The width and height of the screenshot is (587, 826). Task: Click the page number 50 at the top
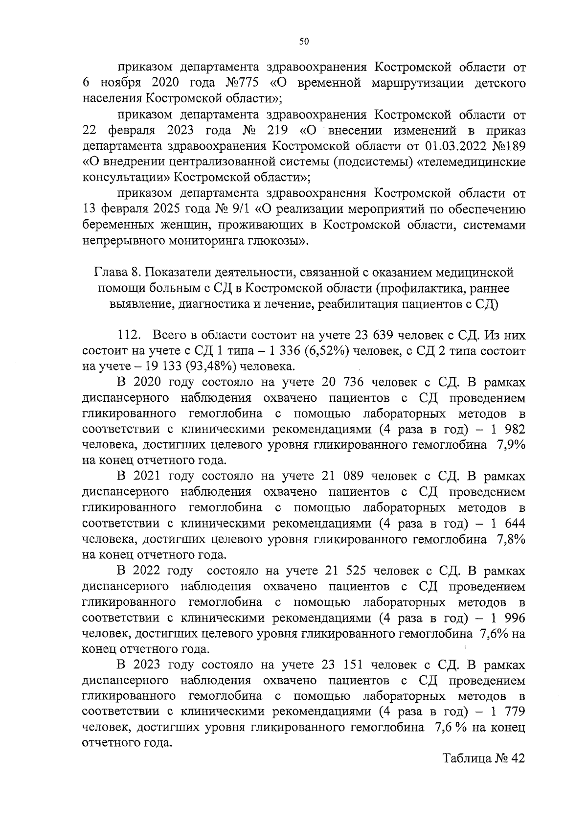[x=303, y=42]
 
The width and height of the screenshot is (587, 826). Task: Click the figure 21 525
[x=346, y=571]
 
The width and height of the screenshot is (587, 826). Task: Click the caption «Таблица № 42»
[x=483, y=773]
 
